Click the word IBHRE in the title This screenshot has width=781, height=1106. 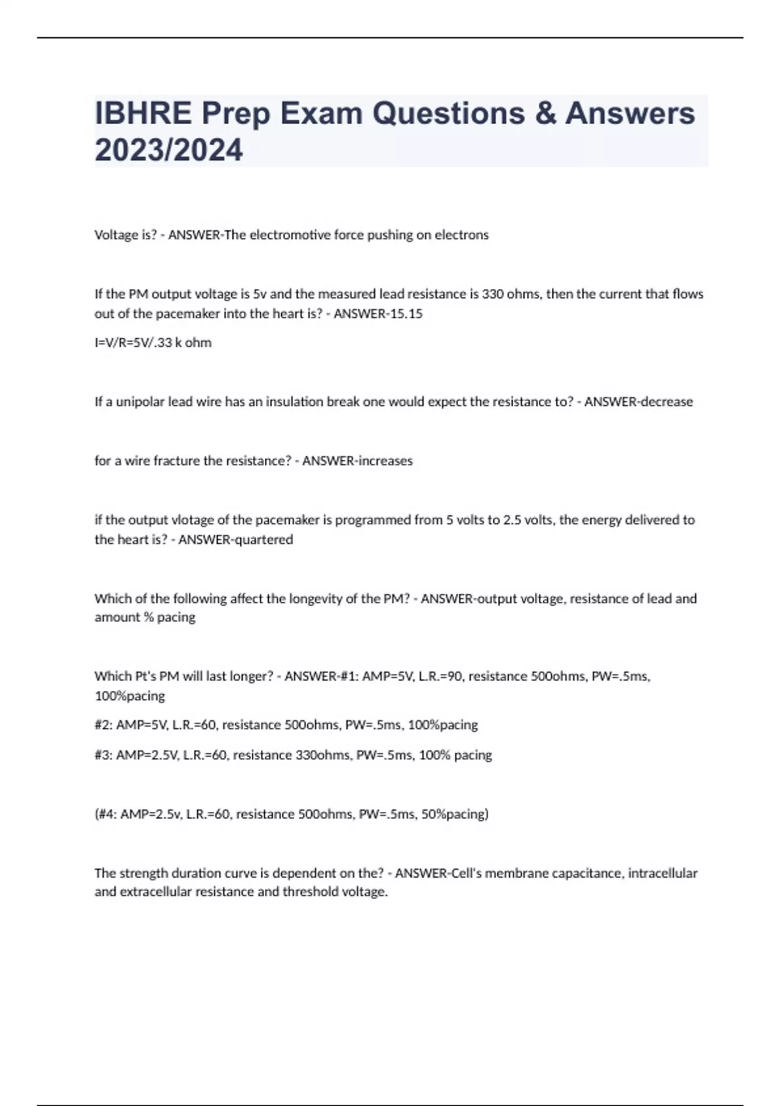pos(143,113)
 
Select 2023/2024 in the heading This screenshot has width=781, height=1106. pos(169,150)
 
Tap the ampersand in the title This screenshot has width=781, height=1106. pos(545,113)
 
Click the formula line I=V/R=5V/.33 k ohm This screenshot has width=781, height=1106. pos(153,343)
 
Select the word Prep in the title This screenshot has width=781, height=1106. pos(236,113)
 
